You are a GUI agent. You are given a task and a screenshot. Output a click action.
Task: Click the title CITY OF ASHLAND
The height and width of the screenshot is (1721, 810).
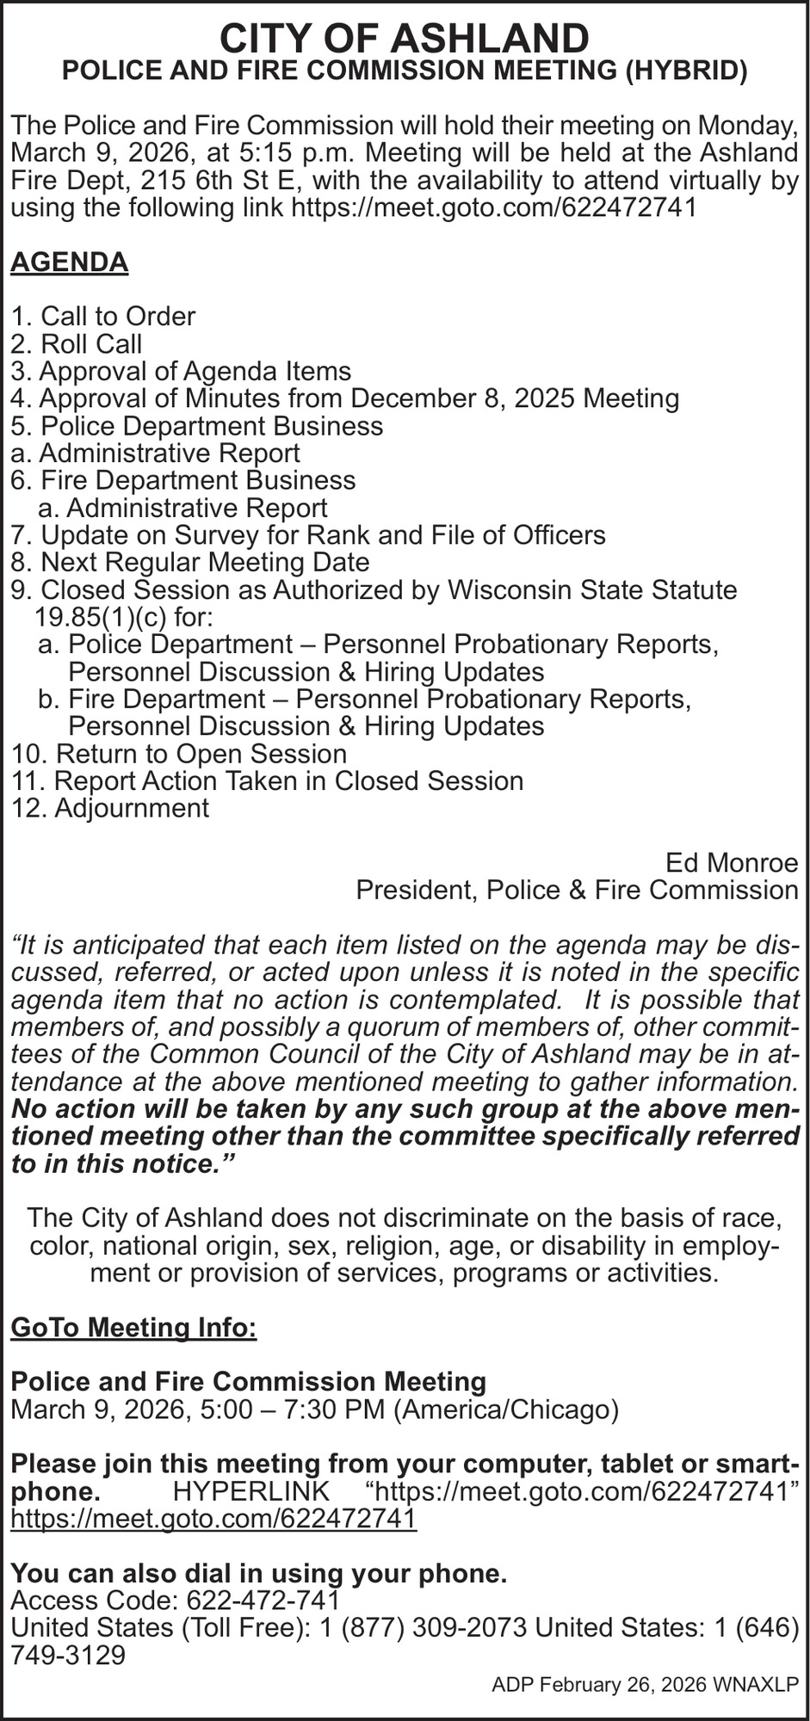405,39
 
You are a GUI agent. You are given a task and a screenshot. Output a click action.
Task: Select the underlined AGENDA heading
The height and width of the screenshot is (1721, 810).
69,262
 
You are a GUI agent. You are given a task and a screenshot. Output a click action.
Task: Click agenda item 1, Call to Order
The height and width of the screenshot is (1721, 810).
103,317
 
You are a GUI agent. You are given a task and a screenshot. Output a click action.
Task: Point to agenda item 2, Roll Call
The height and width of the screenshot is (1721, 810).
77,344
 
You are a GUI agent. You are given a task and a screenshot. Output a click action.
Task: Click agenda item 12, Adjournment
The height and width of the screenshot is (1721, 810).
110,808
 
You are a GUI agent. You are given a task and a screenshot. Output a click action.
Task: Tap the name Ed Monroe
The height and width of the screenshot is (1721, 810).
732,862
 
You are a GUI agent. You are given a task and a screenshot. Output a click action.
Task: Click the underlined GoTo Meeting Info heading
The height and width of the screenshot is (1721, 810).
133,1327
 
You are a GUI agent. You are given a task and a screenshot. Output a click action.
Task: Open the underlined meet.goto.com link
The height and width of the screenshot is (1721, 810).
213,1519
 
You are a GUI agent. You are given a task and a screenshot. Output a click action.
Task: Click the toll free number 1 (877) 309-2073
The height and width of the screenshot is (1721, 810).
418,1628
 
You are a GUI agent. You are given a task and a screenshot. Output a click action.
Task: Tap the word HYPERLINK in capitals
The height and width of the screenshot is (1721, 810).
251,1491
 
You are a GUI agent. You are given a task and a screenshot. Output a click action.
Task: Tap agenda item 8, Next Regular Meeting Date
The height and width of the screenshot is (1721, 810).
190,563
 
